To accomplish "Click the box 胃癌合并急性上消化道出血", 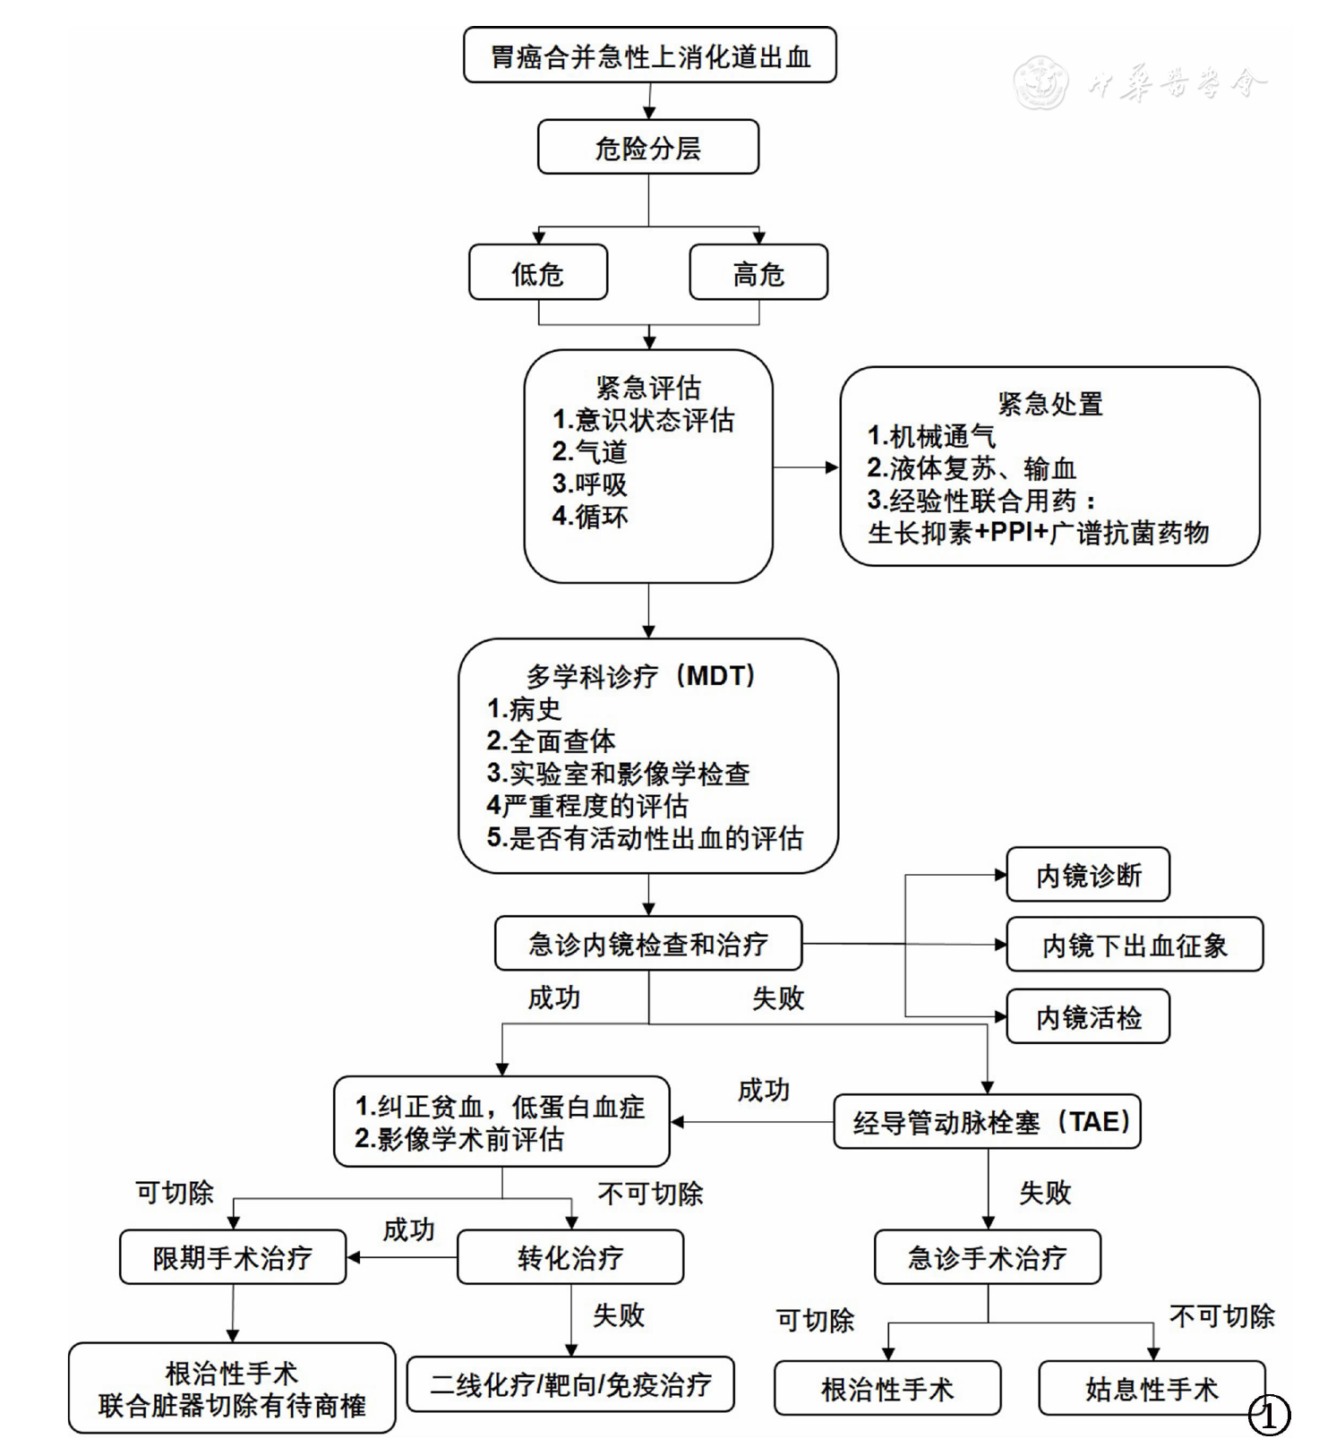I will [649, 56].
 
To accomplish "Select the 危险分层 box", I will [647, 148].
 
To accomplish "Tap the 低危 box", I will [537, 273].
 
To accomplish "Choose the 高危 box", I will [758, 273].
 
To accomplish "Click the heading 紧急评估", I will [648, 388].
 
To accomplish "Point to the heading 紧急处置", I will [1049, 404].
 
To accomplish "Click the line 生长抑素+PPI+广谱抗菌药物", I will [1038, 533].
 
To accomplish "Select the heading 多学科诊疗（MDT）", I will [641, 676].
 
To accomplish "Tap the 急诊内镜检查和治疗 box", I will [647, 944].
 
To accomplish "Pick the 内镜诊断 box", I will [1088, 875].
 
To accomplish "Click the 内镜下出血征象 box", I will [1134, 945].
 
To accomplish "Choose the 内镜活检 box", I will [1088, 1017].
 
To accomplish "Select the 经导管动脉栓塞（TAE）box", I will [987, 1121].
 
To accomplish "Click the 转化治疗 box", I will [570, 1257].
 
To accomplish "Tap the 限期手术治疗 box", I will [232, 1257].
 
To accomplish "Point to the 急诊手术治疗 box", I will [987, 1257].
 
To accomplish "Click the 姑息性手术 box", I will [1152, 1389].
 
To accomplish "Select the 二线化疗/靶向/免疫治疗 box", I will [570, 1385].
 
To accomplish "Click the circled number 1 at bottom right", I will [1269, 1416].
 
